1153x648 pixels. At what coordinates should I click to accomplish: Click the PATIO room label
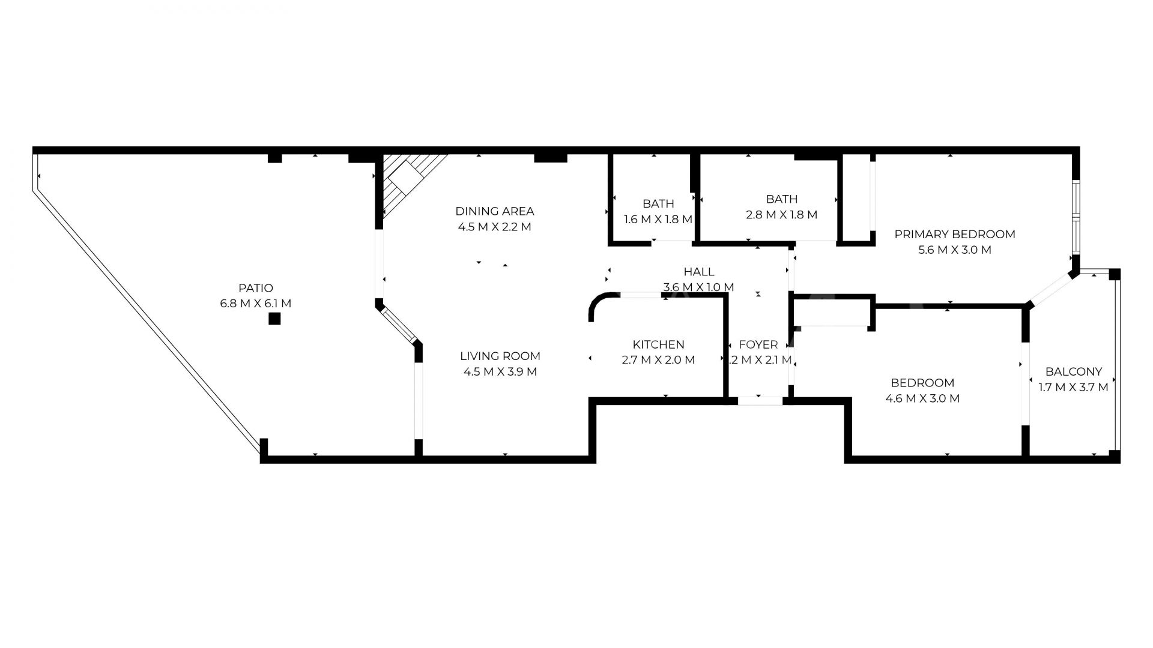click(x=255, y=288)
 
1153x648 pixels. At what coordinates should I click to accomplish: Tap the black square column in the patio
click(x=274, y=319)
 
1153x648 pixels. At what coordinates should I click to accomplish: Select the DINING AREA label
click(x=494, y=211)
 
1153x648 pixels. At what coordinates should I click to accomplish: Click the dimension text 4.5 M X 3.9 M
click(x=500, y=372)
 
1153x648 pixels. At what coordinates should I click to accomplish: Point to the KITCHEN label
click(x=658, y=344)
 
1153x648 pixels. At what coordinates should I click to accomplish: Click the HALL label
click(x=698, y=272)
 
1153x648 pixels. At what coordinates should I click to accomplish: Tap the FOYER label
click(x=758, y=345)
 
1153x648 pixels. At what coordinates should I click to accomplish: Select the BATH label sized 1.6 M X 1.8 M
click(x=658, y=204)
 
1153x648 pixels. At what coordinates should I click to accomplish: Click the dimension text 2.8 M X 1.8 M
click(x=781, y=215)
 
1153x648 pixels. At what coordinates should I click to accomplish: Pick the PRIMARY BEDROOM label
click(x=954, y=235)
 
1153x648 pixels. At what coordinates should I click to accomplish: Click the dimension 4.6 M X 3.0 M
click(x=922, y=398)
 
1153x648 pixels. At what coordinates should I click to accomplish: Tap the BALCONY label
click(x=1074, y=371)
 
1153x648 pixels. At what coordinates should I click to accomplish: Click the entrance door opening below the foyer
click(x=760, y=401)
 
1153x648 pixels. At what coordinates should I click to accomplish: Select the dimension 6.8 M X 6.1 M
click(x=255, y=304)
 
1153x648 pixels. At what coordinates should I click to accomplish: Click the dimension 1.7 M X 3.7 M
click(x=1074, y=388)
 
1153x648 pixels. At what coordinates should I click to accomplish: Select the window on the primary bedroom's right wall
click(x=1076, y=216)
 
